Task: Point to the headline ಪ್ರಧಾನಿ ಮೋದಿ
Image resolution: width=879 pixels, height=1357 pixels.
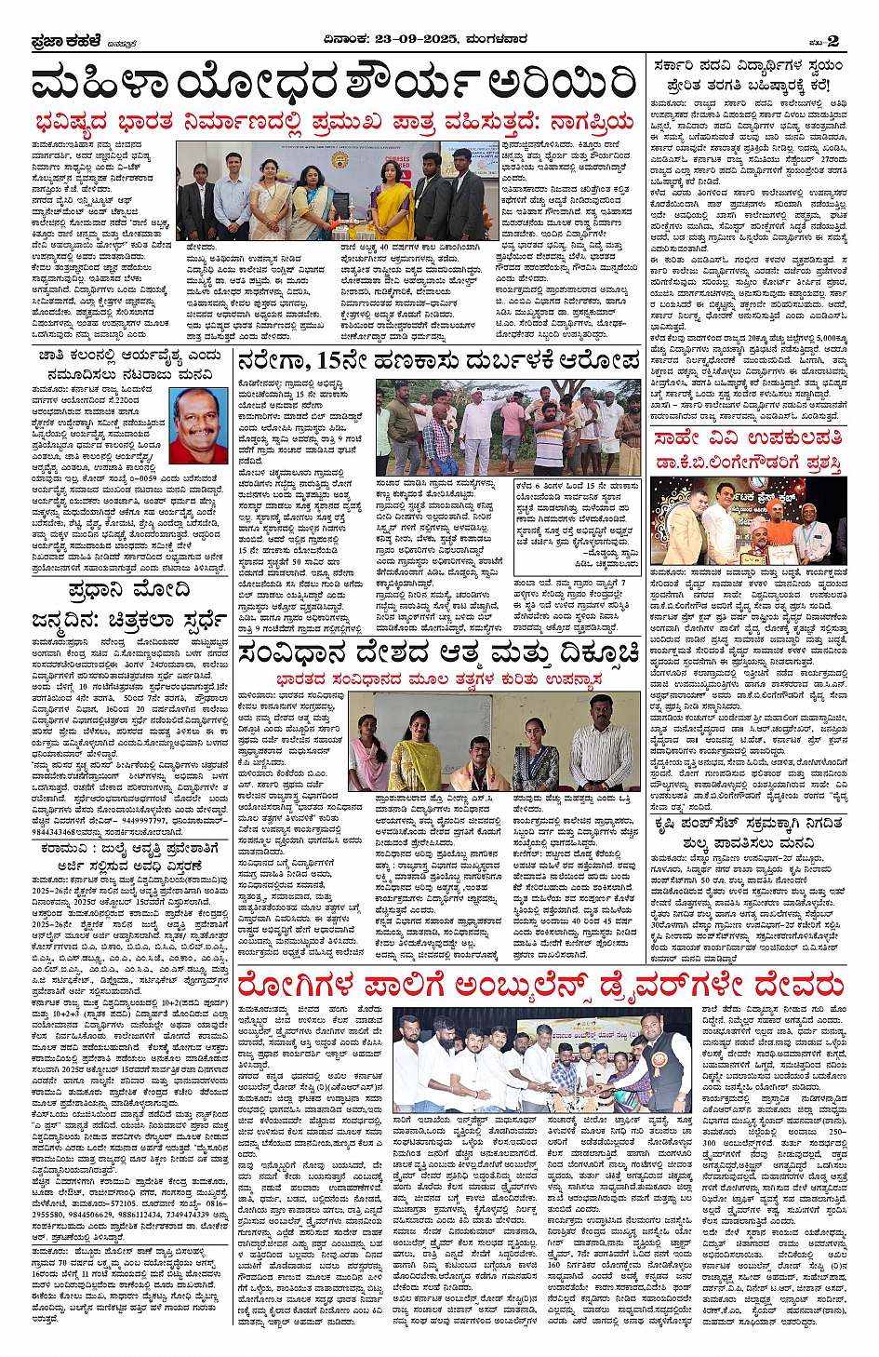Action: click(x=129, y=590)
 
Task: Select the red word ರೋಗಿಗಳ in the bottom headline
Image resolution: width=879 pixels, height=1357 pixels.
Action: click(x=295, y=985)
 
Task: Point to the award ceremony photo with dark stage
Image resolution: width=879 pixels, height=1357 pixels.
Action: click(x=748, y=521)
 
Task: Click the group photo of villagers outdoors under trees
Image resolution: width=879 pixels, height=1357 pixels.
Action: click(x=508, y=427)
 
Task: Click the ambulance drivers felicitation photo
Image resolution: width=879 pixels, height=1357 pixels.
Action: click(x=542, y=1060)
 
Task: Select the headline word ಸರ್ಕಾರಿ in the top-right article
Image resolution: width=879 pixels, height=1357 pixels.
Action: click(x=684, y=67)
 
